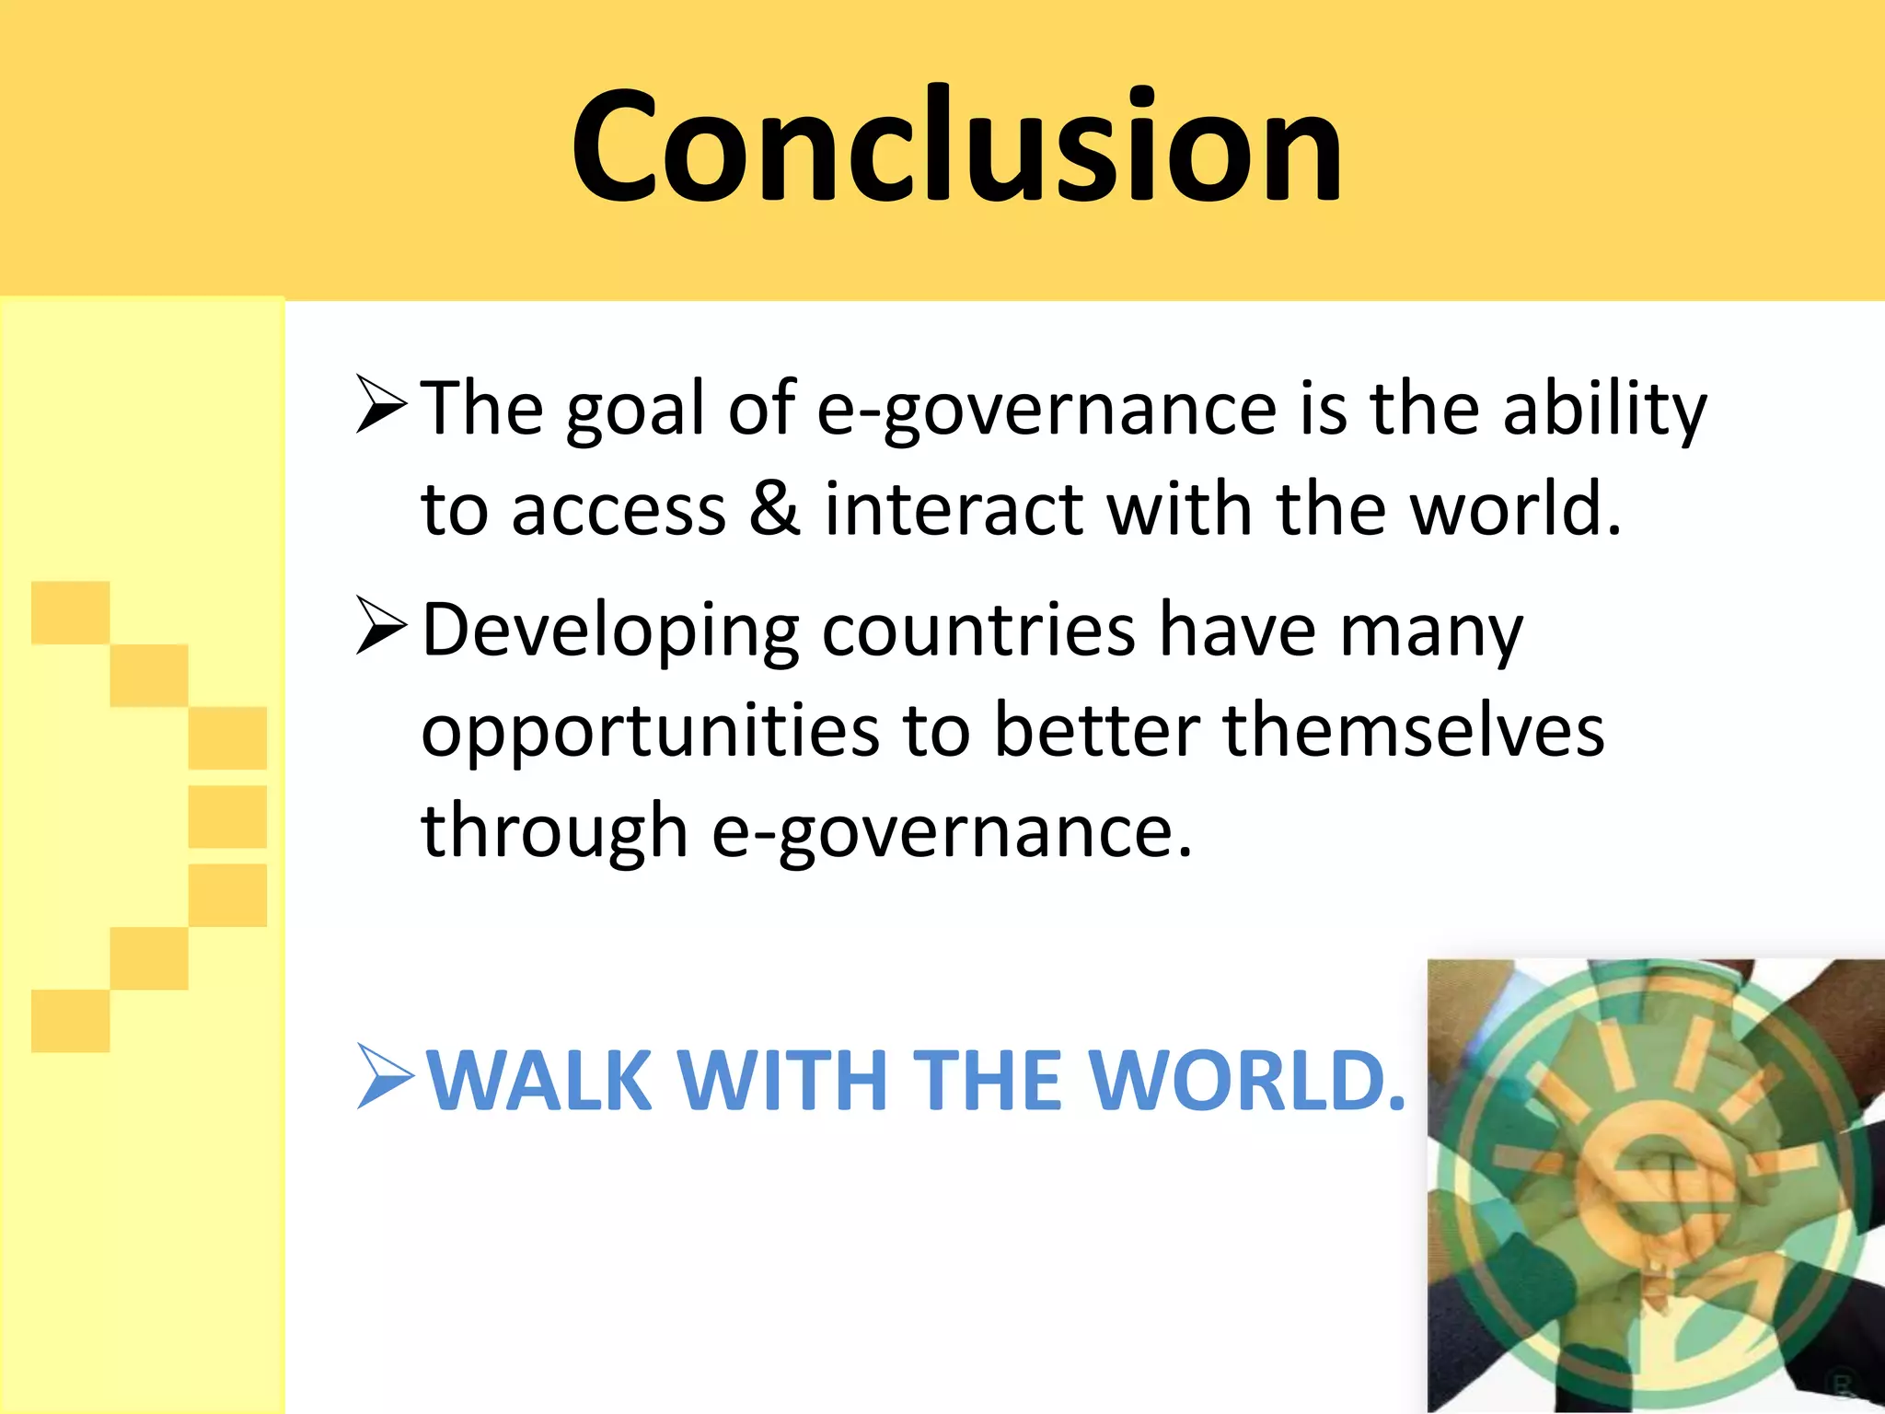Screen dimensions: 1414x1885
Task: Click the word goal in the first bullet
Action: [x=635, y=410]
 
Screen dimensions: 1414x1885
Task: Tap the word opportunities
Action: [x=650, y=732]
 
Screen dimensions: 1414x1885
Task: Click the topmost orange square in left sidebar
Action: [x=71, y=612]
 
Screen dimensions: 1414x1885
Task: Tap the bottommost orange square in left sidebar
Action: [x=71, y=1021]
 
